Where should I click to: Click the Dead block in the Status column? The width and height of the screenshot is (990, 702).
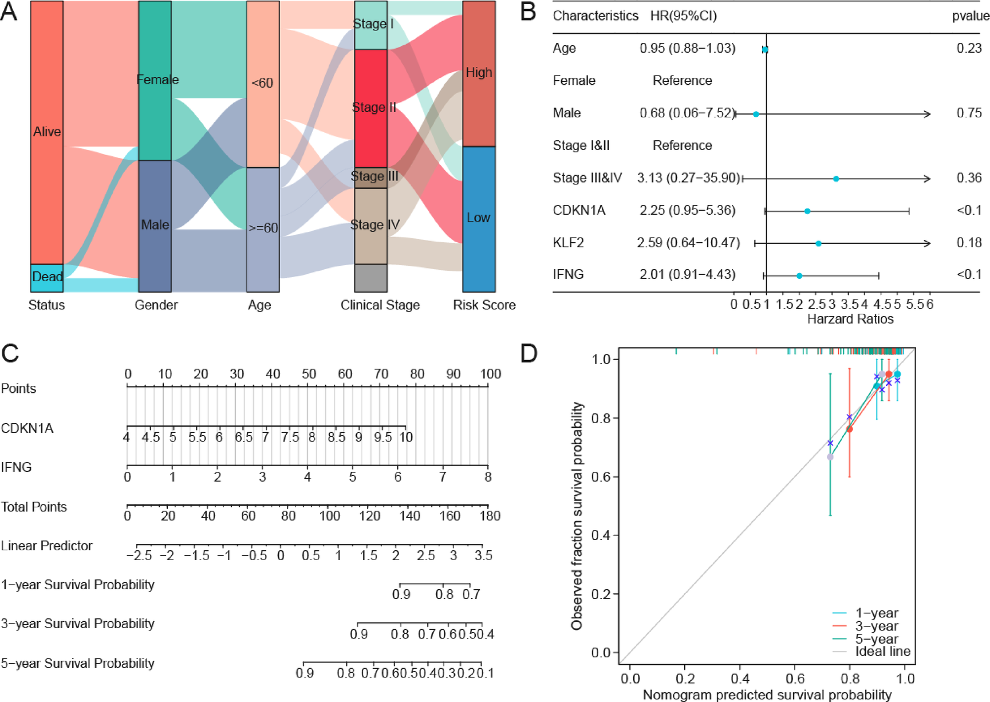click(47, 278)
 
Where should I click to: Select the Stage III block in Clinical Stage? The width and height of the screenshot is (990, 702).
click(371, 177)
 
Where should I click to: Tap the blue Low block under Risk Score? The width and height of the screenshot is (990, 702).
click(479, 219)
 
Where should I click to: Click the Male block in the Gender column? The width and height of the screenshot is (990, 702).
click(155, 226)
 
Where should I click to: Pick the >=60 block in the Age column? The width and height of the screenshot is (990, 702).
click(263, 228)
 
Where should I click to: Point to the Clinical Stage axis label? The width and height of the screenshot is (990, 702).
click(380, 305)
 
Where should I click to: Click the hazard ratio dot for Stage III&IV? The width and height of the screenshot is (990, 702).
click(836, 179)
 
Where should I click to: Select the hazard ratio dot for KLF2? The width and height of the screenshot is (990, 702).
click(818, 244)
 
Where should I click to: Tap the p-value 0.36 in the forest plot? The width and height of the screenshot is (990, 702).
click(969, 178)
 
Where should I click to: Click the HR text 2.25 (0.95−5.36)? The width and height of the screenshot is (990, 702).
click(687, 211)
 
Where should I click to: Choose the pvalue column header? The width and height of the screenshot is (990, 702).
click(971, 16)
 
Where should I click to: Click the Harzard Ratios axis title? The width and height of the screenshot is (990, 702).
click(850, 319)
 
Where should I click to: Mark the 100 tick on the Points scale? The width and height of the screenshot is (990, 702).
click(490, 374)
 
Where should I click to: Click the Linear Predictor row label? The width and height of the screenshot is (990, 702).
click(46, 546)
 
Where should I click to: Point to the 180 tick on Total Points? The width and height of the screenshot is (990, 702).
click(489, 516)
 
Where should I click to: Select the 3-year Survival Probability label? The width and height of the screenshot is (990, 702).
click(78, 624)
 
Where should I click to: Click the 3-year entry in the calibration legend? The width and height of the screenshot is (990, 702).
click(876, 626)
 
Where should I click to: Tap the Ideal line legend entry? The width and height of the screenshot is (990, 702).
click(882, 652)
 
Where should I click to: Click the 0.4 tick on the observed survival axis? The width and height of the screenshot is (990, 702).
click(603, 535)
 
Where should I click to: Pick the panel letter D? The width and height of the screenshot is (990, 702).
click(528, 353)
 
